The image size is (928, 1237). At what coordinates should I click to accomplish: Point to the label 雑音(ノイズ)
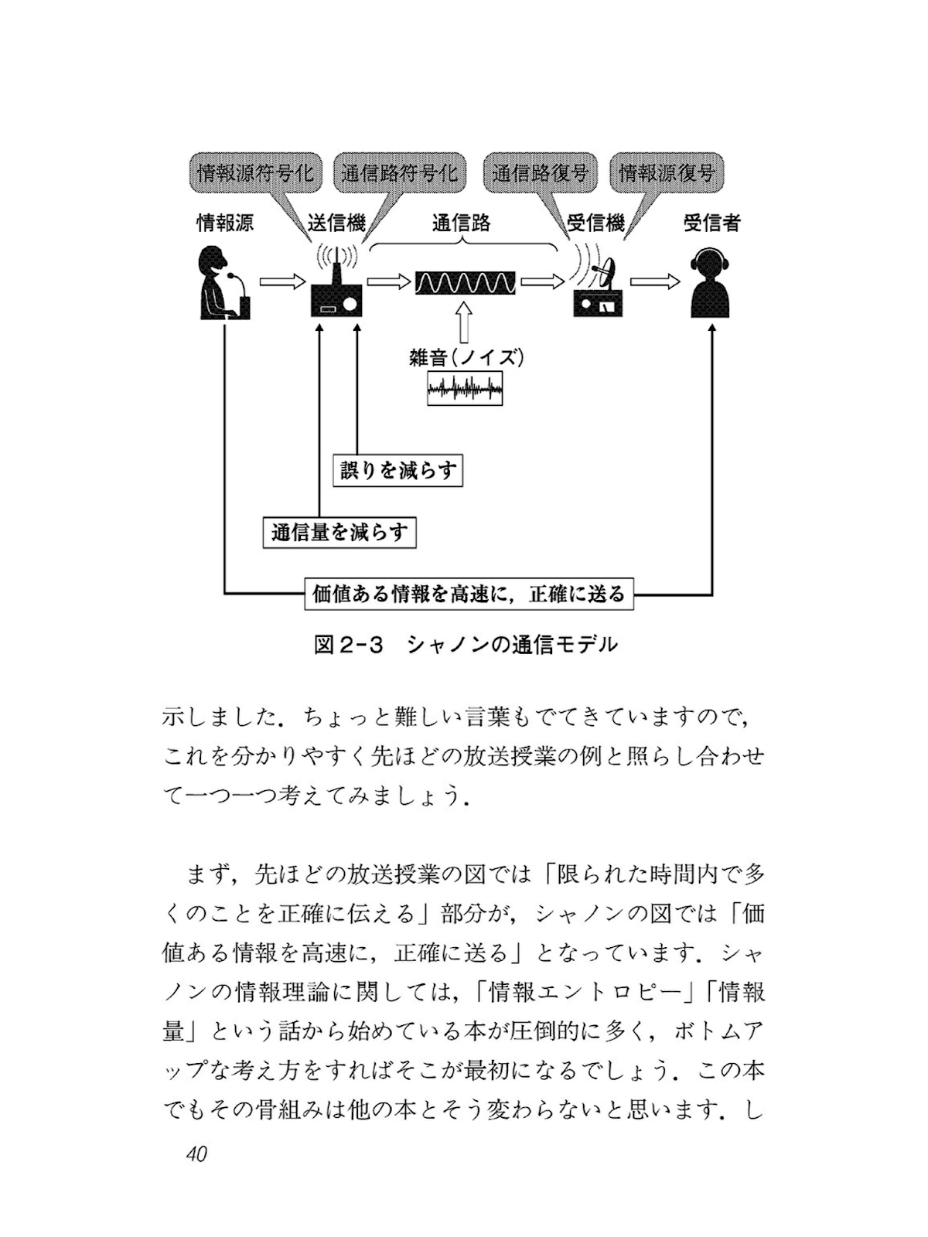[x=466, y=357]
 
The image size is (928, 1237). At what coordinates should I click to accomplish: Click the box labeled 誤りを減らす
[x=398, y=470]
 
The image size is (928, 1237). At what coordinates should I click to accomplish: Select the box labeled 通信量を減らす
[x=339, y=532]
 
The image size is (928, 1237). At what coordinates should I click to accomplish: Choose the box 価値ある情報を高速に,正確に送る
[x=468, y=594]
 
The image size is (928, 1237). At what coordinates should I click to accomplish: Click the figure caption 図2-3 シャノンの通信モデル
[x=466, y=643]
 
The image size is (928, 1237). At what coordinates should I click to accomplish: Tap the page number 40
[x=196, y=1154]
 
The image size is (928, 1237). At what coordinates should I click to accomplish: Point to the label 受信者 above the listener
[x=711, y=223]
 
